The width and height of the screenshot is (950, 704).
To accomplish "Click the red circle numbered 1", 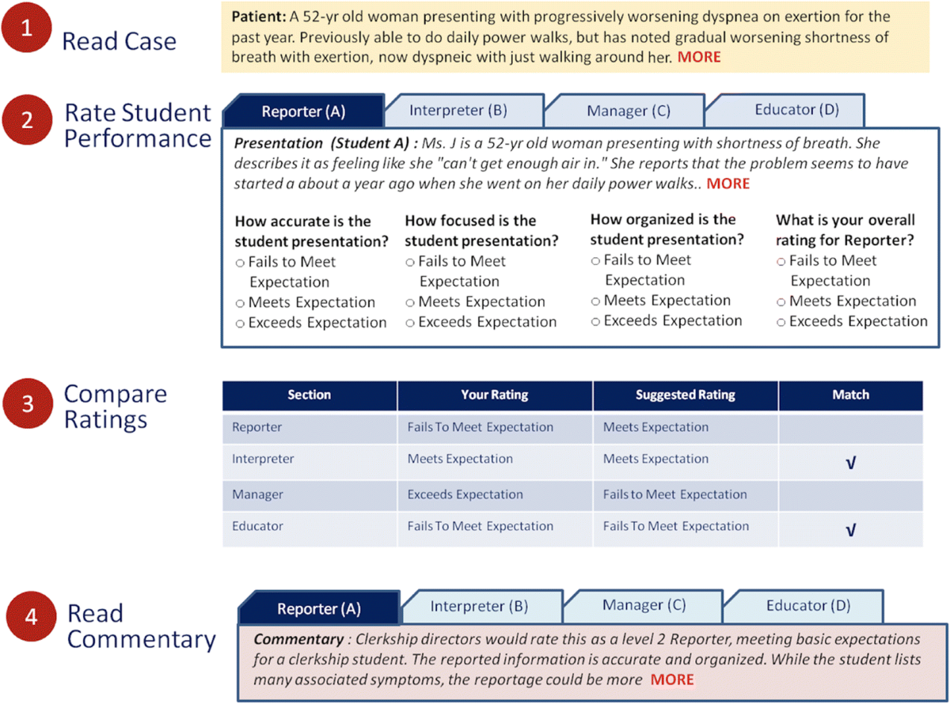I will (x=28, y=30).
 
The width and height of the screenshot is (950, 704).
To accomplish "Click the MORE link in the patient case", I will (x=699, y=57).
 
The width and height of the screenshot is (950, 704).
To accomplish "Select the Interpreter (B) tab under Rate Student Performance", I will (x=458, y=110).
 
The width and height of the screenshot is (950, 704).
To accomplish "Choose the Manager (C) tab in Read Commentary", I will (x=644, y=606).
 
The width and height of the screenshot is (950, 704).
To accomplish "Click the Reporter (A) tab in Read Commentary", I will (x=318, y=608).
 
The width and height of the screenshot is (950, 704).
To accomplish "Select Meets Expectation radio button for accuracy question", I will (x=240, y=303).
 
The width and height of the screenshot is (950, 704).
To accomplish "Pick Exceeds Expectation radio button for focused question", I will (x=410, y=323).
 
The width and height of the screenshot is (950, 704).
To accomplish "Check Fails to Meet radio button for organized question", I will (x=595, y=261).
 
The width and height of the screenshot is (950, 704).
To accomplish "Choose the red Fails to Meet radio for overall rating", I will (x=781, y=262).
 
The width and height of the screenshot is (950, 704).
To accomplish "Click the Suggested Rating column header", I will (x=685, y=395).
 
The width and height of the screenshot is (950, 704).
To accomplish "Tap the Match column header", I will (x=851, y=395).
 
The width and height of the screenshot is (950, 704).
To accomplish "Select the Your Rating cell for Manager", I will (x=465, y=494).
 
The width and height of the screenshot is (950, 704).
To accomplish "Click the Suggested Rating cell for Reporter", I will (x=655, y=427).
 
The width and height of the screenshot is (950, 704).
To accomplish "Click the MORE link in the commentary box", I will (x=672, y=679).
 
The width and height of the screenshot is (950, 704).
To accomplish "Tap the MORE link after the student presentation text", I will (x=728, y=184).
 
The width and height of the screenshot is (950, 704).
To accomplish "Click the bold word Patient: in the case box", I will (x=256, y=17).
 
